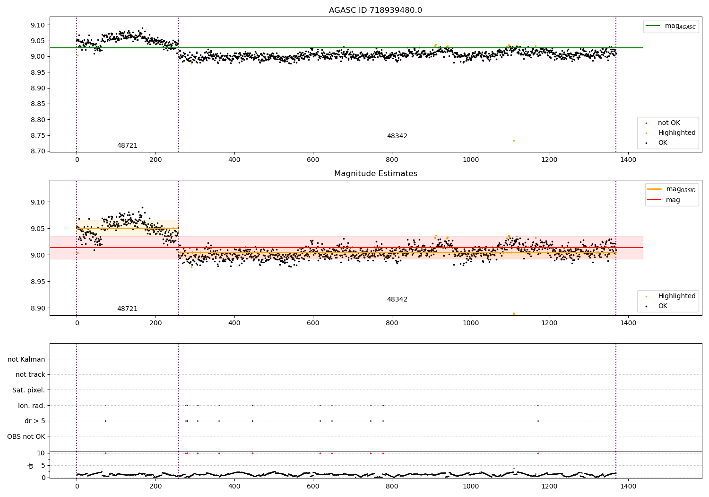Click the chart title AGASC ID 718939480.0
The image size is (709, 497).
(x=375, y=10)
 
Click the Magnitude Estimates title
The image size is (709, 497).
(x=375, y=174)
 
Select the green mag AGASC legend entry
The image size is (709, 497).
(x=671, y=26)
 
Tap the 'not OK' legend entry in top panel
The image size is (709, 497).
(x=668, y=123)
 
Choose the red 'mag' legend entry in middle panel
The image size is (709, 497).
(x=673, y=200)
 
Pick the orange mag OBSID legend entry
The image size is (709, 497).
(x=673, y=189)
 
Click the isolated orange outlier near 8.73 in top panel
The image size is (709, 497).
(x=514, y=141)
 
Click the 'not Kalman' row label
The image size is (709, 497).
(x=26, y=359)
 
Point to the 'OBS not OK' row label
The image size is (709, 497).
(x=26, y=436)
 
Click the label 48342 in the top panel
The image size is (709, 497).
(x=397, y=136)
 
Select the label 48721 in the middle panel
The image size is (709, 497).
(x=127, y=309)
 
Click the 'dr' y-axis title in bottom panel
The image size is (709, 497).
(x=31, y=465)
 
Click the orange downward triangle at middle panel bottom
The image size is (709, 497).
(x=514, y=314)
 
